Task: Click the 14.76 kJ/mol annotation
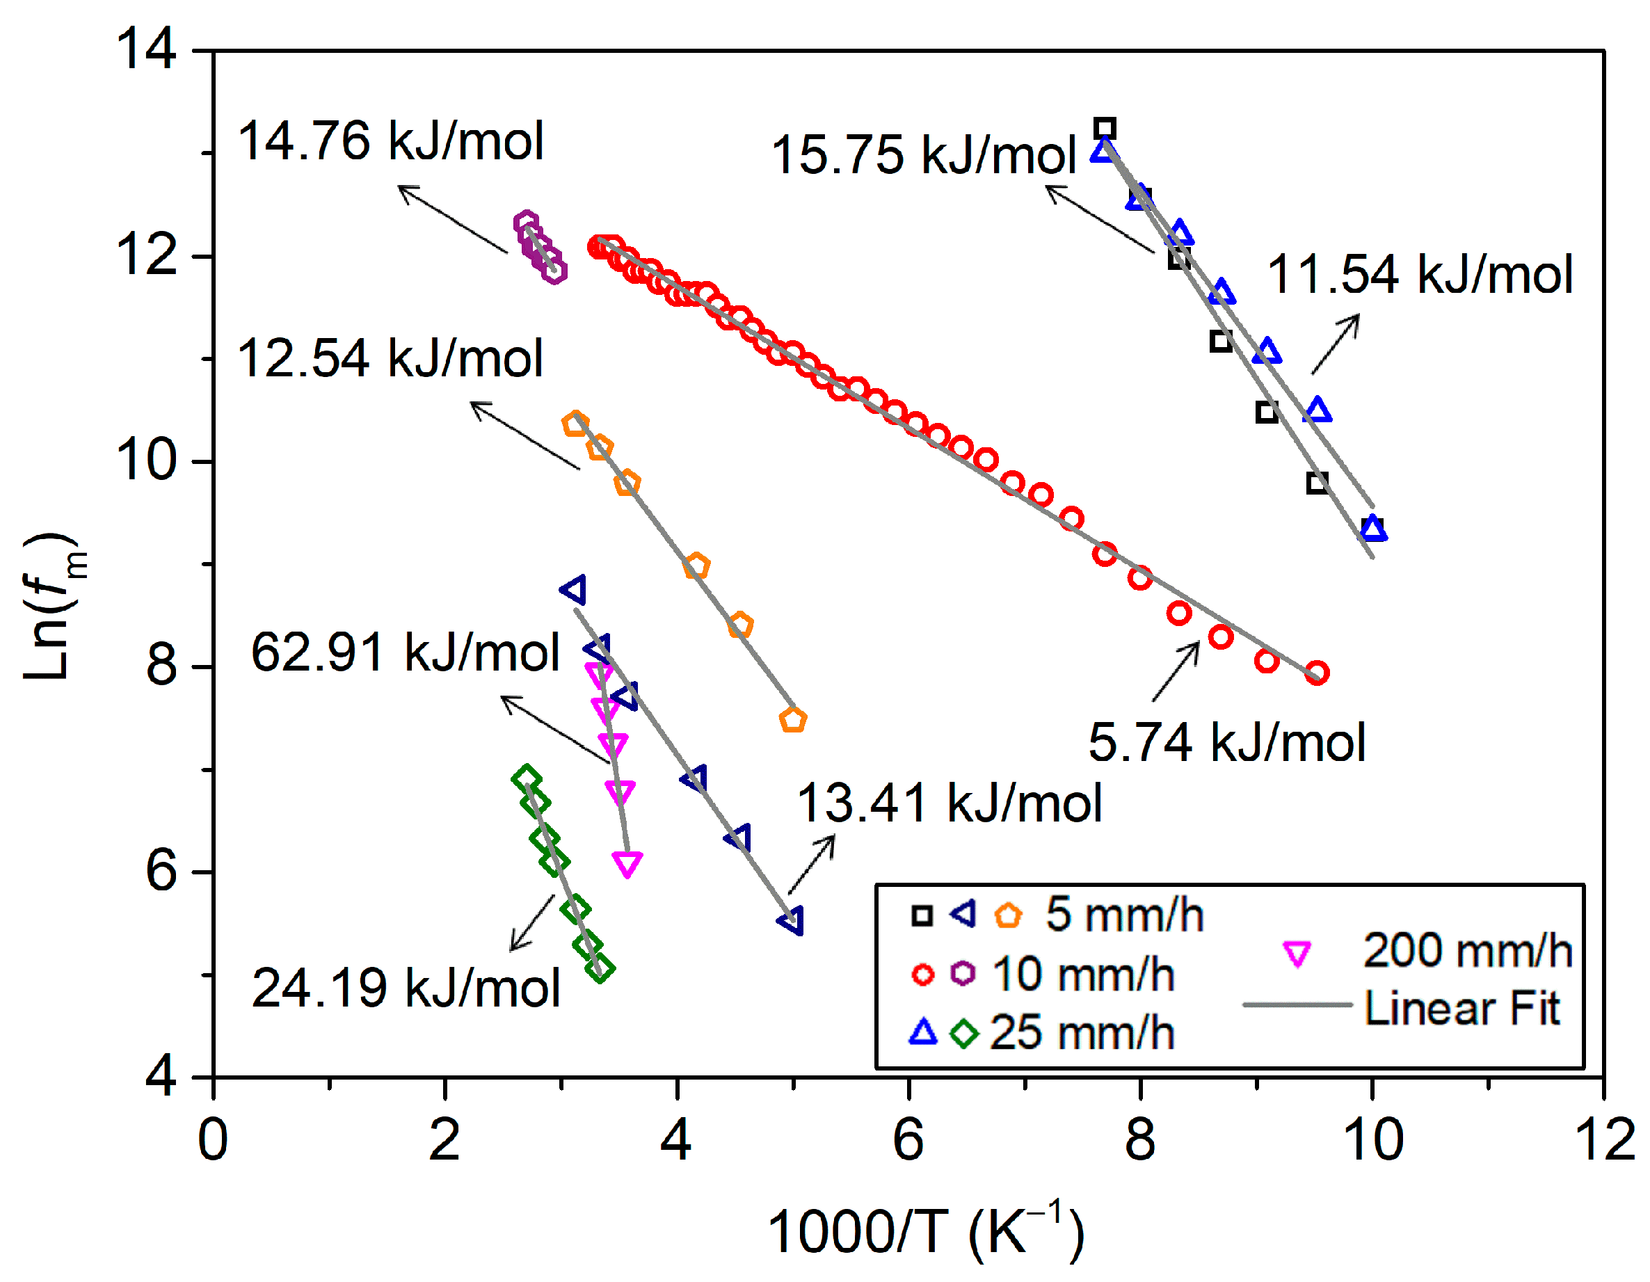[391, 141]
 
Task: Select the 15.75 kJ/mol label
[923, 155]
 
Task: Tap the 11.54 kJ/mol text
[1420, 274]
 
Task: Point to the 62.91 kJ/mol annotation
[406, 652]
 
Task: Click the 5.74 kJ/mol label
[1227, 744]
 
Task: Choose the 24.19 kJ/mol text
[406, 988]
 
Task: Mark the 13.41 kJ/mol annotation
[950, 803]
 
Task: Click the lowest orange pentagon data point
[792, 720]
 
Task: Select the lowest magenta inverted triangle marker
[627, 863]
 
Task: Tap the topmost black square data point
[1105, 129]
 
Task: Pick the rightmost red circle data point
[1317, 673]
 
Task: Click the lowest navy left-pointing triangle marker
[792, 921]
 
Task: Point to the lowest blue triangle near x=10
[1372, 529]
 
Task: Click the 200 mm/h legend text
[1467, 950]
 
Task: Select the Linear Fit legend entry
[1461, 1009]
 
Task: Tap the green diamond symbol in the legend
[964, 1033]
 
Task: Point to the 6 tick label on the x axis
[908, 1140]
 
